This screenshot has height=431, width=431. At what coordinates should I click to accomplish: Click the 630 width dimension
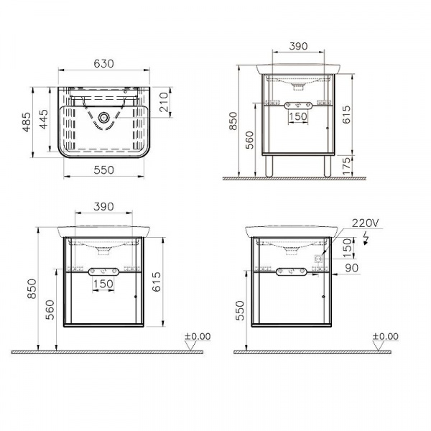(x=103, y=64)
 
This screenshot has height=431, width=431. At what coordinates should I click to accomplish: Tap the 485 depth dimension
(x=27, y=122)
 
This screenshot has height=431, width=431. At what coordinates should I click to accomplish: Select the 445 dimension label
(x=43, y=119)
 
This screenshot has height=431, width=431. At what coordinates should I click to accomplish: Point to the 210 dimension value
(x=164, y=102)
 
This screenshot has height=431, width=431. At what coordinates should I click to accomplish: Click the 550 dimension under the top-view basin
(x=103, y=170)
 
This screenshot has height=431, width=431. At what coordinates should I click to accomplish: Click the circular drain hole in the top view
(x=103, y=118)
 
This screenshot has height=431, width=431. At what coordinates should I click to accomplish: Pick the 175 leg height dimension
(x=347, y=166)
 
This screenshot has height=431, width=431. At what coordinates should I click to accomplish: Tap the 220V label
(x=365, y=223)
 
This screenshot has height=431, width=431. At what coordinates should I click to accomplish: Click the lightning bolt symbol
(x=366, y=238)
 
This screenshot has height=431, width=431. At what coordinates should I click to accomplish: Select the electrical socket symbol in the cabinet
(x=319, y=259)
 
